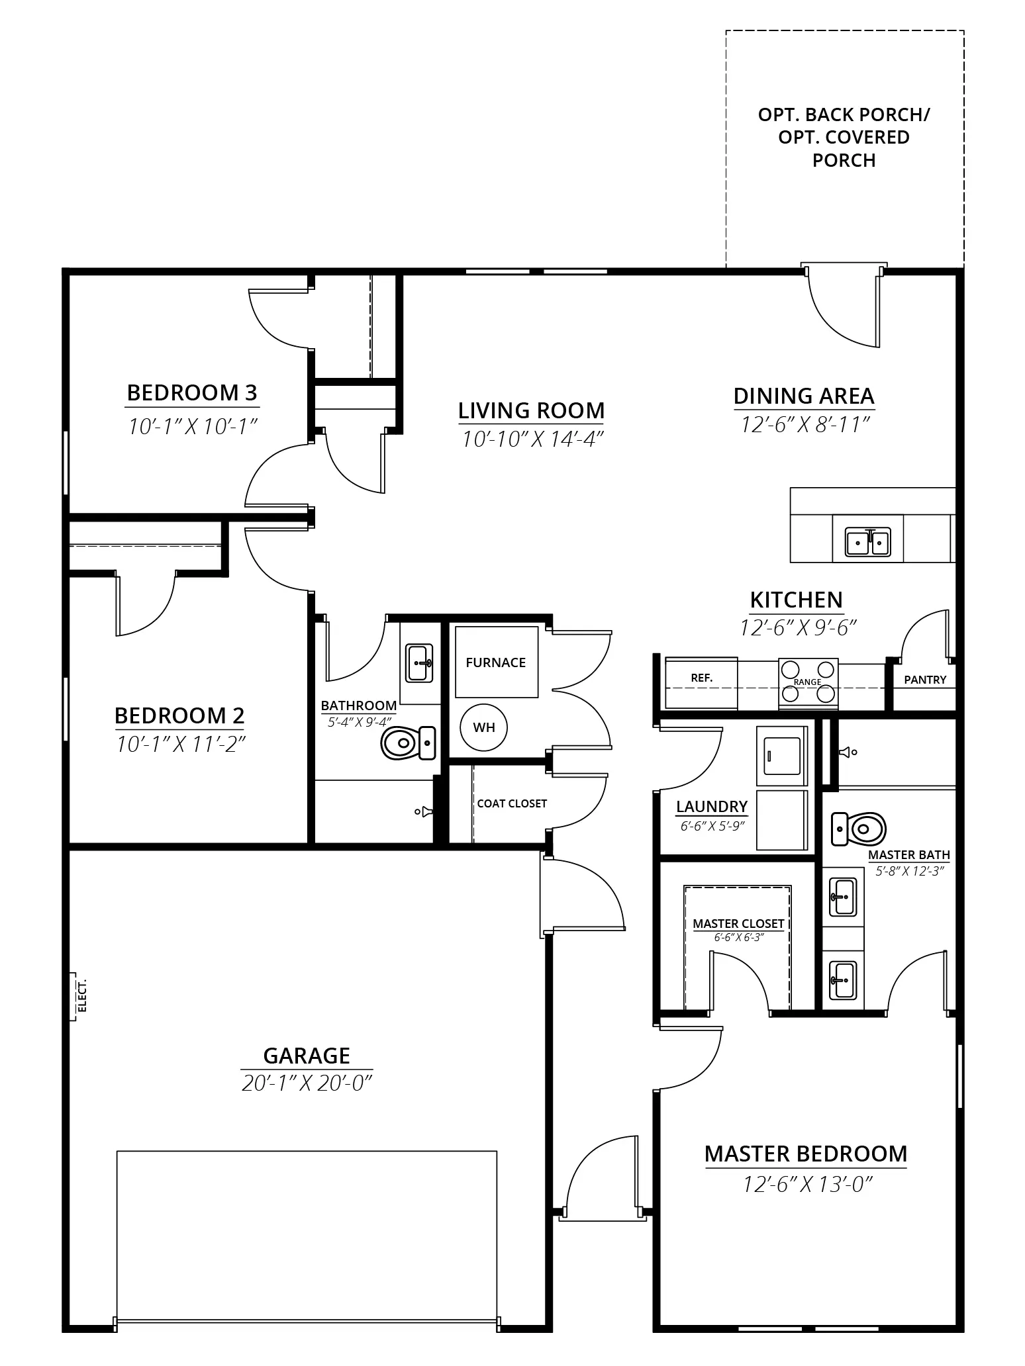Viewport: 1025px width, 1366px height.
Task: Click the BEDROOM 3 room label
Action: point(192,392)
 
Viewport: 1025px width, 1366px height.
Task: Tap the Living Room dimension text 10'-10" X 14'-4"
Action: point(532,439)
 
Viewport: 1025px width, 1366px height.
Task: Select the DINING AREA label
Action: point(804,396)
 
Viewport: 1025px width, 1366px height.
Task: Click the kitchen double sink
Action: point(868,542)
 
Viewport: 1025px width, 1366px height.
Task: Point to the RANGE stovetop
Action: point(808,682)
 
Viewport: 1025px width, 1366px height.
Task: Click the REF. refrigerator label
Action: point(702,678)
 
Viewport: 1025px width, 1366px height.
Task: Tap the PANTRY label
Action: point(925,680)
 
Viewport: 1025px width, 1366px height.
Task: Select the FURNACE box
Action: point(496,662)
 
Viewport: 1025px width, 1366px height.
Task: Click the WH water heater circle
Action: point(484,727)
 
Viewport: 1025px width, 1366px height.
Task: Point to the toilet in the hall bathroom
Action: point(408,743)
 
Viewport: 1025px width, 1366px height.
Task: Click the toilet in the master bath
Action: point(859,829)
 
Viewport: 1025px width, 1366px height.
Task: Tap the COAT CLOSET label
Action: point(512,803)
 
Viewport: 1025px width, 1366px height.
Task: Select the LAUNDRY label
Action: point(712,806)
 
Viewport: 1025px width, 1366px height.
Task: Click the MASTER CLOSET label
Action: point(738,923)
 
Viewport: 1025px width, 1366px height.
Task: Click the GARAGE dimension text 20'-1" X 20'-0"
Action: point(306,1083)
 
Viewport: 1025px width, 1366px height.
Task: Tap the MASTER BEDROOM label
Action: point(806,1154)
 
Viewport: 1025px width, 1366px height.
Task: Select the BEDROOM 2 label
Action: point(179,715)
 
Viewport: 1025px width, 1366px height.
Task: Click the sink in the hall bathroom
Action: point(419,662)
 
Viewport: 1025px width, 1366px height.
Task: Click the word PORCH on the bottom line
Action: point(844,161)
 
